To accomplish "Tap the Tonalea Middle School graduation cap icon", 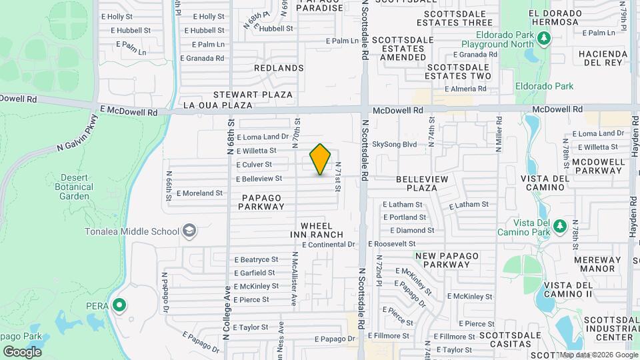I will tap(189, 231).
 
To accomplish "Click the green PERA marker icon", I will tap(119, 305).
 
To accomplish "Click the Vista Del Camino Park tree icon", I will tap(559, 225).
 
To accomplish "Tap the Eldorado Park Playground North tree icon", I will tap(544, 38).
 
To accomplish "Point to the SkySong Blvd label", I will tap(394, 143).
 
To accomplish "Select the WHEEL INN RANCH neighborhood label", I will tap(317, 230).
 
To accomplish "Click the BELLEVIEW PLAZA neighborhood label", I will tap(425, 184).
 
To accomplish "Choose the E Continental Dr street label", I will tap(328, 245).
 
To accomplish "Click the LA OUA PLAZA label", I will tap(218, 105).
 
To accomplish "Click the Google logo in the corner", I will tap(22, 351).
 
